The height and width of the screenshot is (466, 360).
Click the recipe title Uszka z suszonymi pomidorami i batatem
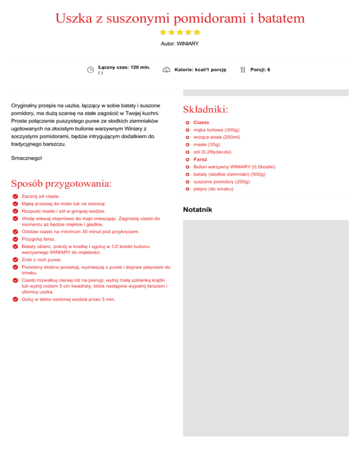[180, 19]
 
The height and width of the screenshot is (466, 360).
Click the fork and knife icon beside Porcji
[242, 70]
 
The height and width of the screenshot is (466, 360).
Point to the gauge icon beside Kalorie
[166, 70]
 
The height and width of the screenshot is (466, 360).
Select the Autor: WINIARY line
[180, 44]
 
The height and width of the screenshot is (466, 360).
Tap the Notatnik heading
[197, 210]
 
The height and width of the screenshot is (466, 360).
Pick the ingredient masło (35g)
[207, 145]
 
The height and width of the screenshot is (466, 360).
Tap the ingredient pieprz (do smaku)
[213, 189]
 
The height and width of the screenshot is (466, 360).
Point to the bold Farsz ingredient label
[201, 159]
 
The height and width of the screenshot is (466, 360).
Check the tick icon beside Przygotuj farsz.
[15, 239]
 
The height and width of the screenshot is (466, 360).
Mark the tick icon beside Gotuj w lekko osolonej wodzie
[15, 300]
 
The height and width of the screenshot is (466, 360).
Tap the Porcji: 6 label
[260, 70]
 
